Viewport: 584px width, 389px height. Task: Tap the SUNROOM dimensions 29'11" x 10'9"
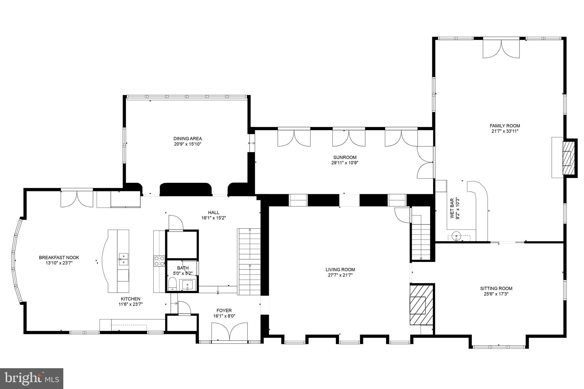(345, 163)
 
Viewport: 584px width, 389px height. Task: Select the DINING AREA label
(188, 139)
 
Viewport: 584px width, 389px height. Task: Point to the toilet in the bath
(173, 284)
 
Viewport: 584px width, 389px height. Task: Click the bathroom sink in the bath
(188, 284)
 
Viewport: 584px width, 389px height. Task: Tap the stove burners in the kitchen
(159, 261)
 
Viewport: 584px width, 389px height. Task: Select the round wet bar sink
(457, 236)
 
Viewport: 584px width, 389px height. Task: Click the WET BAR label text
(452, 212)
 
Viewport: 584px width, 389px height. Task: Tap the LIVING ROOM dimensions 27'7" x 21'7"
(340, 275)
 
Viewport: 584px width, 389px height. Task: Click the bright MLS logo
(31, 378)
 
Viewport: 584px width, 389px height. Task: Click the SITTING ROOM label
(496, 288)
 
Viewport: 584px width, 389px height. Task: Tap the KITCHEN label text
(130, 299)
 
